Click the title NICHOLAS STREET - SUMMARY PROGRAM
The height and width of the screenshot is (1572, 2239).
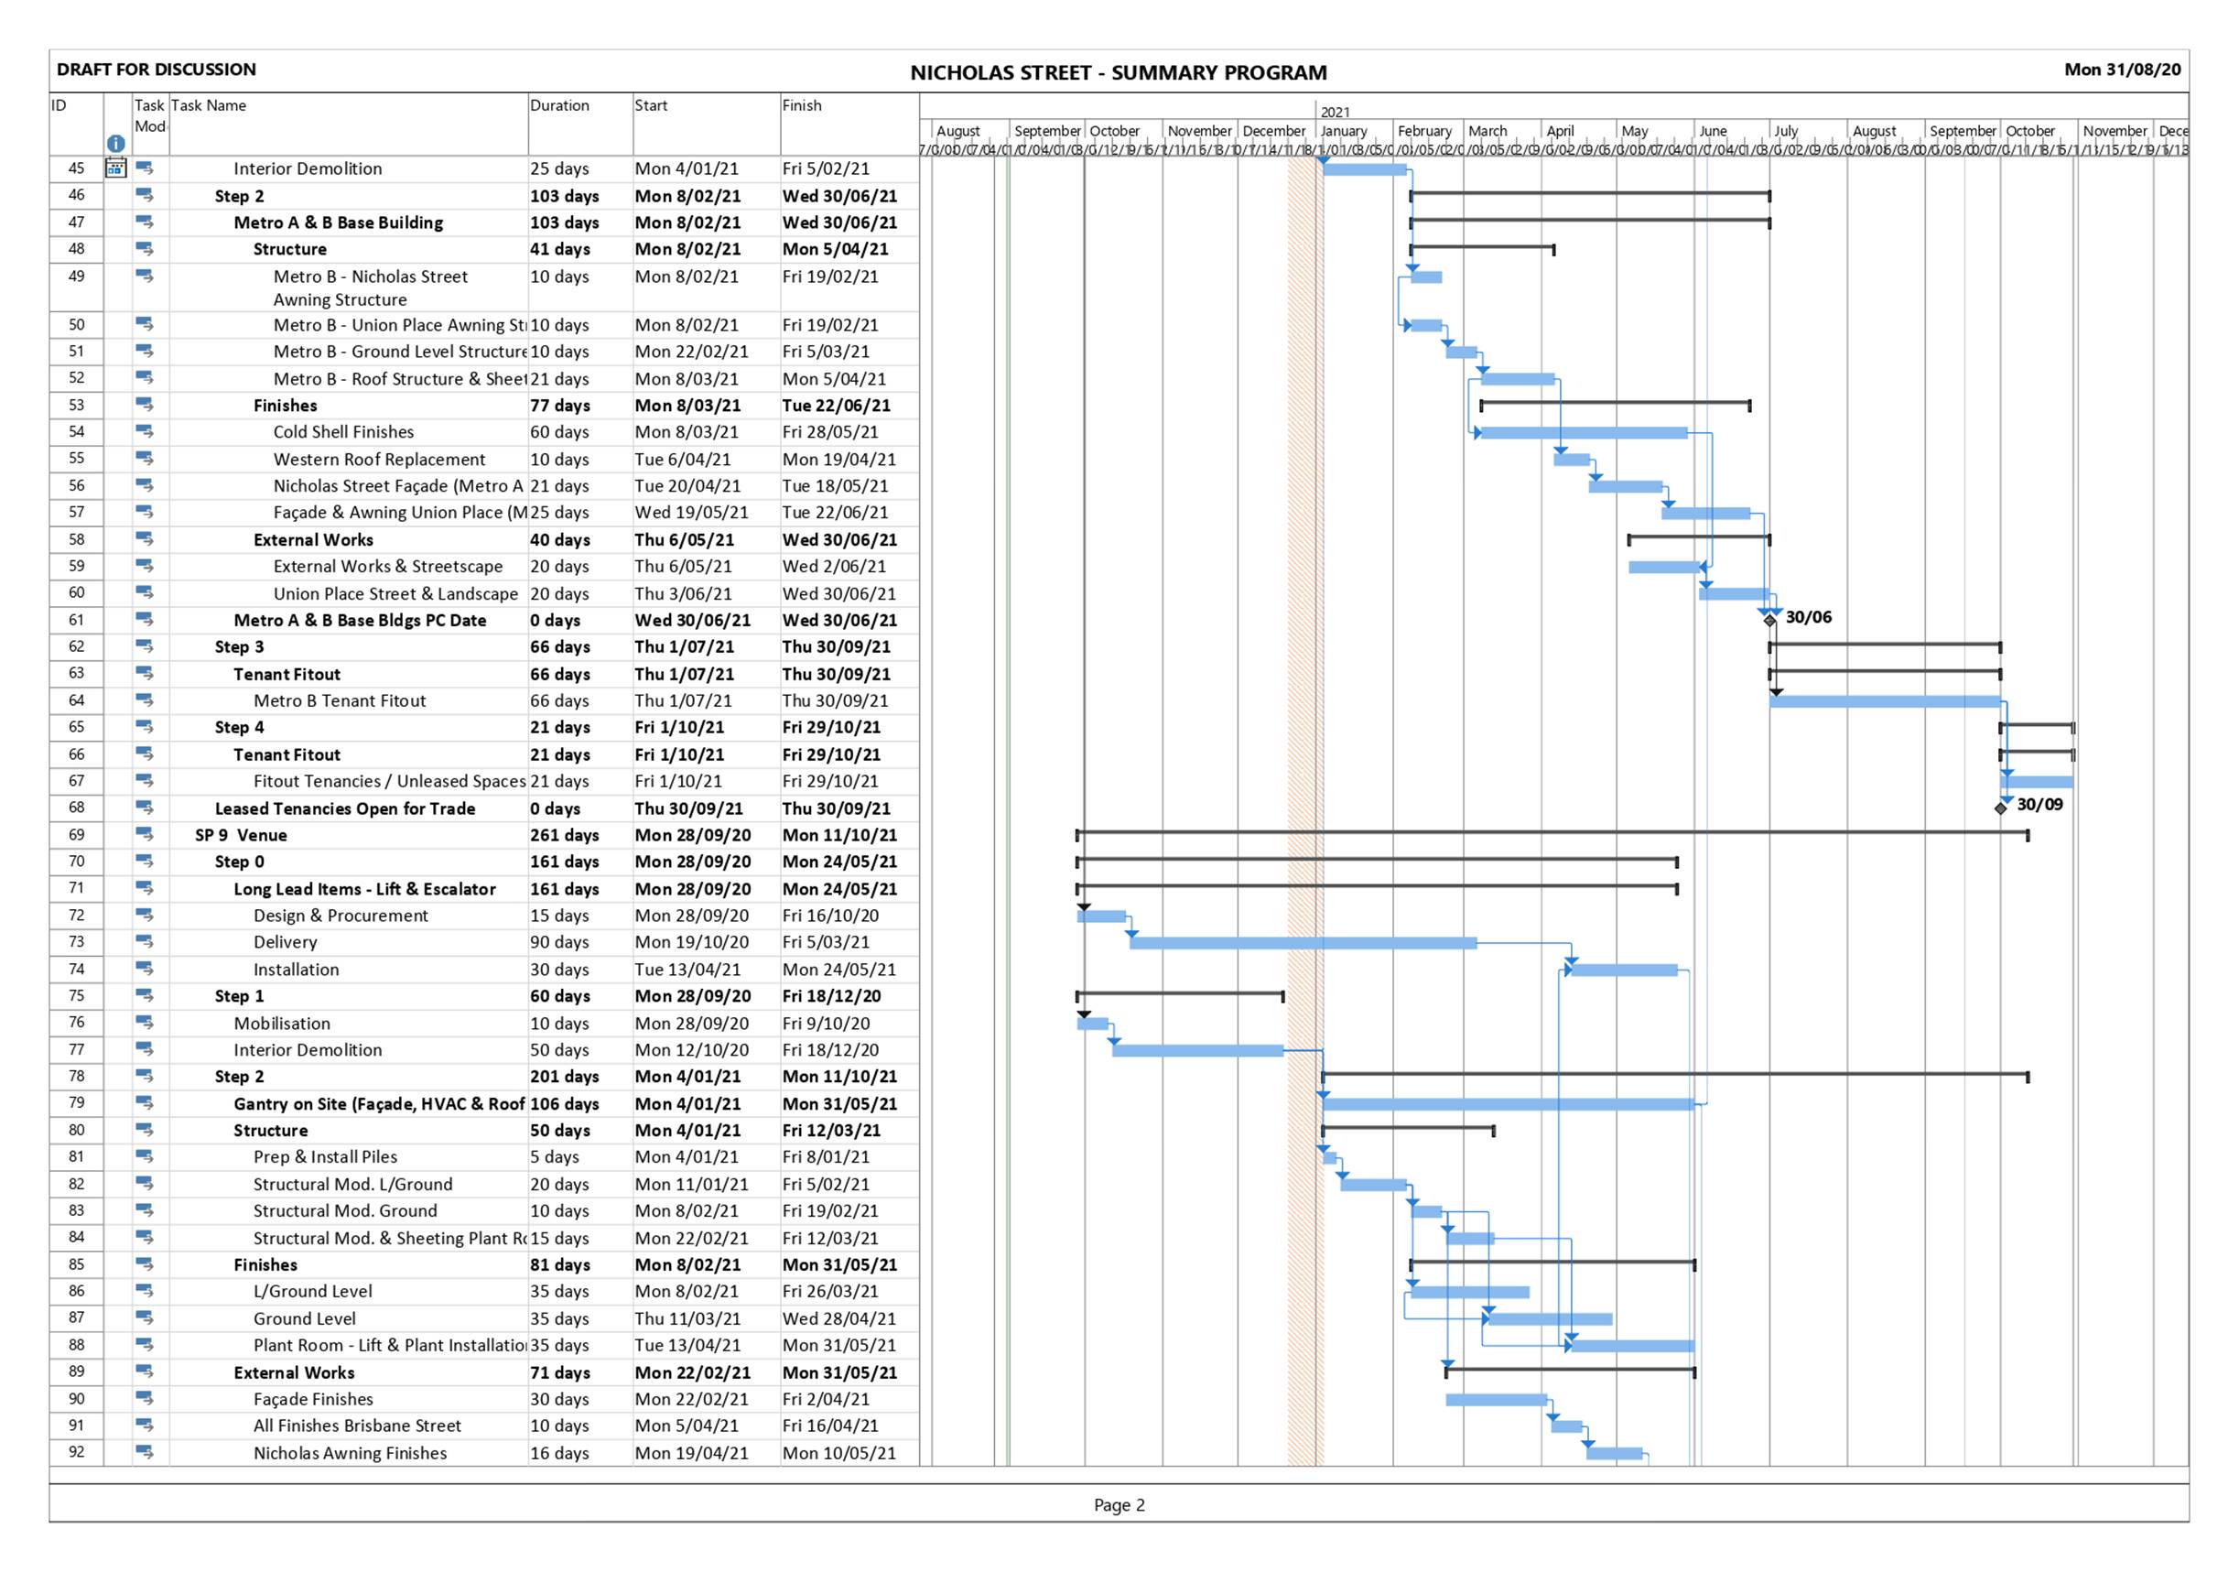1118,73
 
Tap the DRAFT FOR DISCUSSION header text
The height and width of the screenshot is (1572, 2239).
156,70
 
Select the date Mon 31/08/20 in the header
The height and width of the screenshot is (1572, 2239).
2122,70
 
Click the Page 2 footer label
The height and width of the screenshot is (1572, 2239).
1119,1505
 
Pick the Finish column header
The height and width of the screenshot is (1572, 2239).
802,105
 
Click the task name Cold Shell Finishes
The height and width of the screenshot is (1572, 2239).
343,432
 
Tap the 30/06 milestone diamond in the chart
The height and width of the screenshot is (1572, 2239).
1770,620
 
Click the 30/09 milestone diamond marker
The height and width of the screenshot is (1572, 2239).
2001,808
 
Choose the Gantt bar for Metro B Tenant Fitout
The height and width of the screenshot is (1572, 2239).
1884,701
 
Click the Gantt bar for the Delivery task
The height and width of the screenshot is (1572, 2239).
1303,943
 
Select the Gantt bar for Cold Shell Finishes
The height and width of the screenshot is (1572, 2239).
1584,433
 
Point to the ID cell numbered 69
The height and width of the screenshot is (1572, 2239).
76,835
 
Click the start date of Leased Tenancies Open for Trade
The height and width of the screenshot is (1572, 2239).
688,808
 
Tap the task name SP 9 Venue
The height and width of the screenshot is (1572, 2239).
241,836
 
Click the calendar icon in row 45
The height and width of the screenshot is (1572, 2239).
115,168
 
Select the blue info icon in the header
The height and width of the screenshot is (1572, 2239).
115,144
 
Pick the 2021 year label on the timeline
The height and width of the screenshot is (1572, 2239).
1335,112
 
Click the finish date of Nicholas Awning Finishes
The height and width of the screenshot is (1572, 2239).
838,1453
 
